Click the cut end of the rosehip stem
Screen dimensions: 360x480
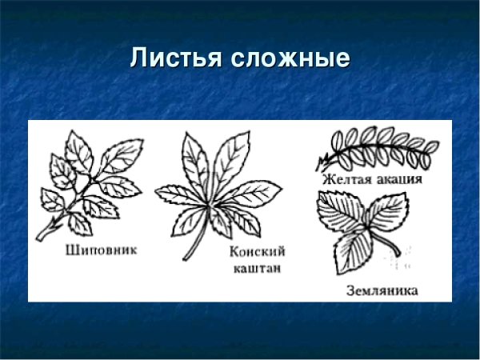point(39,238)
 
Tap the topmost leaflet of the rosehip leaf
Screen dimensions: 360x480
point(78,145)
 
